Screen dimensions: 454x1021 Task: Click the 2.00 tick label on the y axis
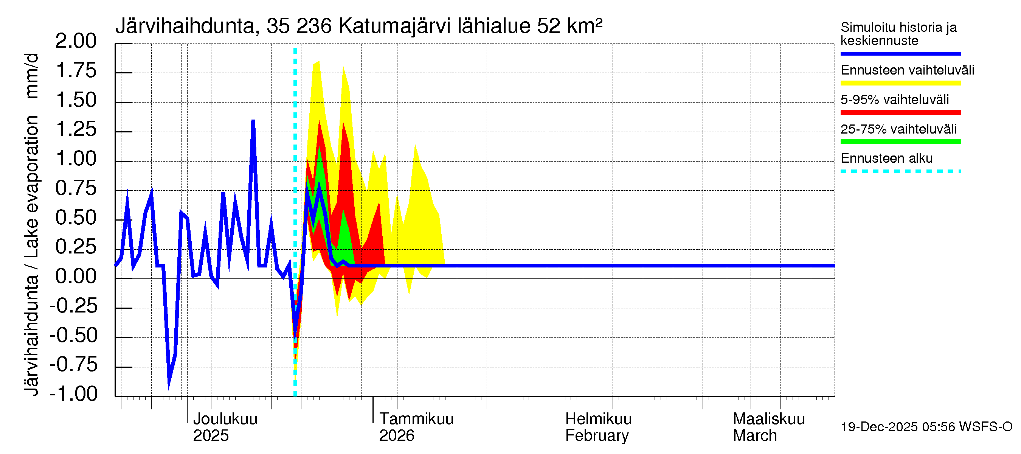pos(76,41)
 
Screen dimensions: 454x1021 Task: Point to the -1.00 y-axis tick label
pos(74,394)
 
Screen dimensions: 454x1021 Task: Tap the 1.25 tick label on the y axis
pos(76,130)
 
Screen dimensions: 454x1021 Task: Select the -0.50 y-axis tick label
pos(74,336)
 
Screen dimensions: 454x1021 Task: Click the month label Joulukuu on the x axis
pos(225,419)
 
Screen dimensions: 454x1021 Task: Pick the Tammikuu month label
pos(416,419)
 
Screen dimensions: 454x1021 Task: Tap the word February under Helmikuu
pos(596,436)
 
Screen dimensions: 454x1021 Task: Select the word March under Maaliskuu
pos(755,436)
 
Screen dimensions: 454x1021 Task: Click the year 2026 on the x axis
pos(396,436)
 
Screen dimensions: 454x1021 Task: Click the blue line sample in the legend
pos(900,53)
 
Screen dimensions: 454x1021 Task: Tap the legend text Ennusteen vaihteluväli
pos(907,70)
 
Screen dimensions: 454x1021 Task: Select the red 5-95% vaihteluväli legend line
pos(900,113)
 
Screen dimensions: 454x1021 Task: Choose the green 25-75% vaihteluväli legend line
pos(900,142)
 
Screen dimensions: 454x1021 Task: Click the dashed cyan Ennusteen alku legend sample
pos(900,172)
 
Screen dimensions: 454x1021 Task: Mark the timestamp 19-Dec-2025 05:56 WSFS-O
pos(926,427)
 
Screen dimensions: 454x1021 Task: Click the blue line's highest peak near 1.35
pos(253,121)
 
